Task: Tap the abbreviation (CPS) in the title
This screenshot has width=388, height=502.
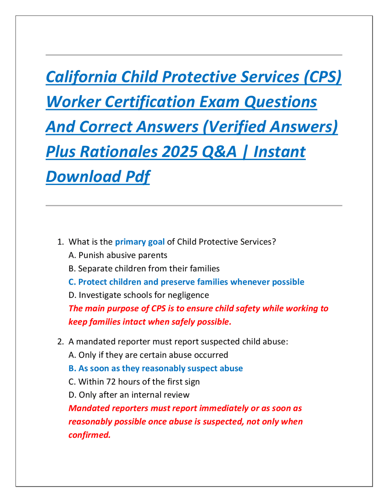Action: point(323,77)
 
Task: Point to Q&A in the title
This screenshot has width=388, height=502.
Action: point(219,152)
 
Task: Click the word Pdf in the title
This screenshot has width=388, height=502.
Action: point(138,177)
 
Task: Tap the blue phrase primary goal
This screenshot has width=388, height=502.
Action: point(140,242)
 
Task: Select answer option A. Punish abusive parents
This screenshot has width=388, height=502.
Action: point(118,255)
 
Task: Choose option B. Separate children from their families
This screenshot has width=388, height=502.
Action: point(144,269)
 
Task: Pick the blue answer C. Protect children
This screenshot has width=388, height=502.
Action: point(186,282)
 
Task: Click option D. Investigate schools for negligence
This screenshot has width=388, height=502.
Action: point(139,295)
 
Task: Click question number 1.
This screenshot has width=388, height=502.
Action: point(61,242)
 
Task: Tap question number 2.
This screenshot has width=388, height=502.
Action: point(61,342)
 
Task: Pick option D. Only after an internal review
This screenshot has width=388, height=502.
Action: point(129,395)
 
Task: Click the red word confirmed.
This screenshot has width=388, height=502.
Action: point(90,435)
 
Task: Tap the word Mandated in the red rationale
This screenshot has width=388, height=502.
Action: point(89,408)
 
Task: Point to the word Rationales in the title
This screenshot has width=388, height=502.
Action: point(119,152)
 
